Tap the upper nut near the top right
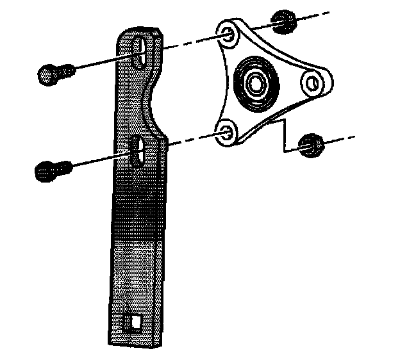(x=283, y=24)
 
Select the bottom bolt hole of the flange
(x=225, y=133)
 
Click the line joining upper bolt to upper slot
(x=103, y=62)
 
